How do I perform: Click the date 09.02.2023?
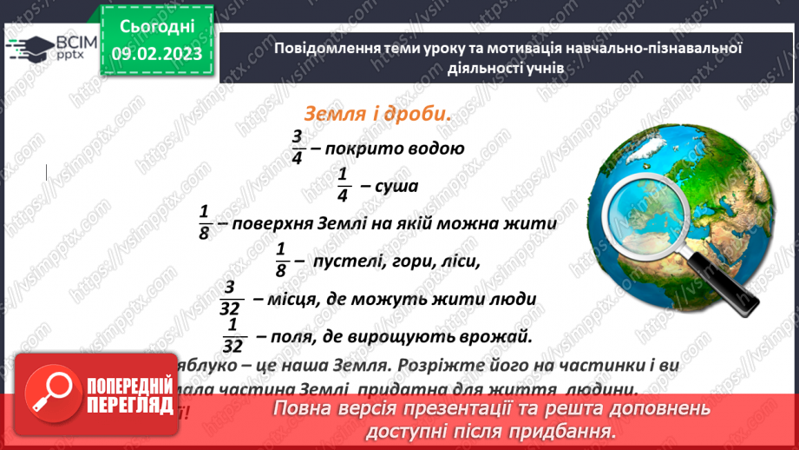click(156, 54)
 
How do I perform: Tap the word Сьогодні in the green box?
click(156, 27)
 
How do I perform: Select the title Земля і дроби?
click(377, 114)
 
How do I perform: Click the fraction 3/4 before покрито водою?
click(297, 147)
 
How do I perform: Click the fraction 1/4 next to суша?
click(343, 184)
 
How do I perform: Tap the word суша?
click(397, 186)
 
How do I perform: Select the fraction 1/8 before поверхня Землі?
click(205, 222)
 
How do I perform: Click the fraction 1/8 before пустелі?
click(281, 260)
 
